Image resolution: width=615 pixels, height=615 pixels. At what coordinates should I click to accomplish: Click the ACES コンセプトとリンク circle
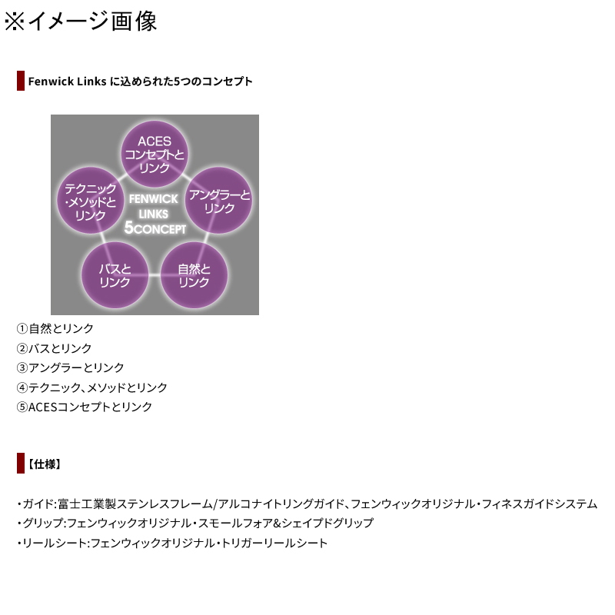pos(155,155)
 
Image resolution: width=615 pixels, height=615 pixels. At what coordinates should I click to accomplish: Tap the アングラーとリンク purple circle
pos(219,201)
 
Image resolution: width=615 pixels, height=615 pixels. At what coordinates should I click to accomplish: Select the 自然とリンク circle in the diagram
pos(194,275)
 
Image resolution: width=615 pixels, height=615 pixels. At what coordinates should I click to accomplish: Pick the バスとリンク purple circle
pos(115,275)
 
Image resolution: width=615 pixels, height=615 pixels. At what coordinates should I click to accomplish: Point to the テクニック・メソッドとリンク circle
pos(91,201)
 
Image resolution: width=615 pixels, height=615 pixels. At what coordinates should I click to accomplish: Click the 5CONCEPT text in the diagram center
pos(155,228)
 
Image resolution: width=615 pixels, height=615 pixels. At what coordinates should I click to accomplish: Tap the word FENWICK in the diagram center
pos(153,199)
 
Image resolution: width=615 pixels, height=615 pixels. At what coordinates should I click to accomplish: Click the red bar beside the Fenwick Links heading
pos(21,81)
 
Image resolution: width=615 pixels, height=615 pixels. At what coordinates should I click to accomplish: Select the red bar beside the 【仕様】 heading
pos(21,464)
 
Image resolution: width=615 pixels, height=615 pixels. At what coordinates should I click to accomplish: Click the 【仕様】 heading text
pos(45,464)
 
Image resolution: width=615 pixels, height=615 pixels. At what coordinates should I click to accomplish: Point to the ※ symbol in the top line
pos(15,22)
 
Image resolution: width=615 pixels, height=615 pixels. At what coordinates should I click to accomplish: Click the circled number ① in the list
pos(22,328)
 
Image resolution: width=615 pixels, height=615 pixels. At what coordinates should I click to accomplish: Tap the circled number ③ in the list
pos(22,367)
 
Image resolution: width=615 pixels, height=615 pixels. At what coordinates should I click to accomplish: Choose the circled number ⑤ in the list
pos(22,407)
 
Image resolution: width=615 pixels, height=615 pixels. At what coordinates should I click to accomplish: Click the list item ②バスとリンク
pos(54,348)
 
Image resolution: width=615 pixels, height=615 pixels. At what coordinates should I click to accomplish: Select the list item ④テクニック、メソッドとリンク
pos(92,387)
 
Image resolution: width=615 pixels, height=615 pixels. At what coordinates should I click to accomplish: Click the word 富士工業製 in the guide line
pos(87,504)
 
